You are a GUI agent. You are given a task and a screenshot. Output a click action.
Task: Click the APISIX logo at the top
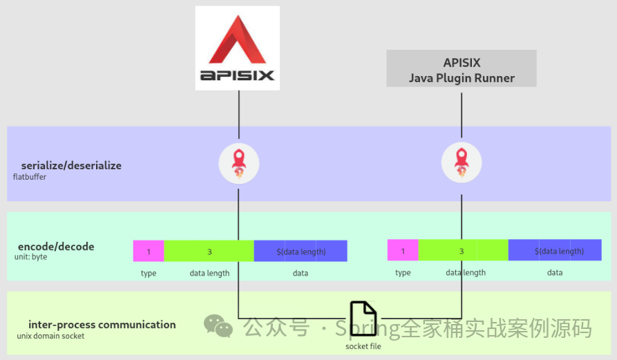pos(237,48)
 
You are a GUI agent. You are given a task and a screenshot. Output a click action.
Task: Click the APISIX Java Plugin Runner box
pos(462,68)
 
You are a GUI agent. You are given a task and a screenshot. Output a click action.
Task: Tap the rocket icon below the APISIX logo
pos(238,163)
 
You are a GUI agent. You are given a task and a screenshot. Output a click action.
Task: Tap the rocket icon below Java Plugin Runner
pos(462,163)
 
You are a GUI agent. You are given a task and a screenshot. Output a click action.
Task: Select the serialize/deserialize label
pos(71,166)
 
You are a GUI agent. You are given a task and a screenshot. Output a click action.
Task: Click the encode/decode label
pos(56,247)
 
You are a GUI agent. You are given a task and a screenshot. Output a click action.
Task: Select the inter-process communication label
pos(102,325)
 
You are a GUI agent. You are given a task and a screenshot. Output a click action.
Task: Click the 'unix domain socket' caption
pos(50,336)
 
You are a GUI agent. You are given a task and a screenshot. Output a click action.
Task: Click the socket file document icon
pos(363,320)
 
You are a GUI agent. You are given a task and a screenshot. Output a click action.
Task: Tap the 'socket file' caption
pos(363,346)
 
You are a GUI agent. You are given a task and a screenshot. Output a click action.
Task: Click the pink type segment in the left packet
pos(149,251)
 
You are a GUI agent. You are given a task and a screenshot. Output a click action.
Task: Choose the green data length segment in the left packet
pos(209,251)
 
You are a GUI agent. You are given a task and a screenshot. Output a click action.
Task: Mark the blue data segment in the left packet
pos(301,251)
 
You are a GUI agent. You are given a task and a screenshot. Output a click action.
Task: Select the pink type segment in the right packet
pos(403,250)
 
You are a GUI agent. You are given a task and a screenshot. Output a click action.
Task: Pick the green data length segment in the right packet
pos(463,250)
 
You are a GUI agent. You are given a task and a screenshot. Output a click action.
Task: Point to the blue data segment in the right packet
pos(555,250)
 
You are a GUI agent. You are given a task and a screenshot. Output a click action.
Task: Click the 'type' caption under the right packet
pos(403,273)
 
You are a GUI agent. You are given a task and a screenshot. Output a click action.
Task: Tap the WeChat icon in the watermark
pos(218,325)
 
